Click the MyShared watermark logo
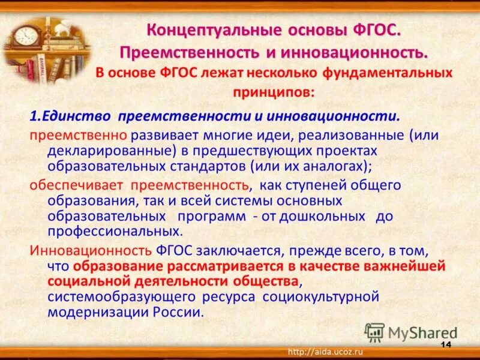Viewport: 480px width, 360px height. coord(411,332)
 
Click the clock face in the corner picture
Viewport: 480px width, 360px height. coord(25,35)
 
